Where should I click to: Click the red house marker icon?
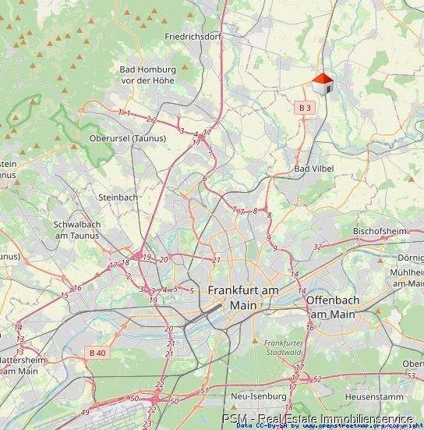click(323, 84)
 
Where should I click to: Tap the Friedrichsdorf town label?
click(193, 37)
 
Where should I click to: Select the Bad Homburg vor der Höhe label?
click(148, 75)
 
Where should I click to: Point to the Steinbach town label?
click(118, 197)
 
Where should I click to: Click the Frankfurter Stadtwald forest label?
click(283, 348)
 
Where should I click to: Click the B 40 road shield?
click(97, 353)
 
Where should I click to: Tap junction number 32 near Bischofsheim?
click(317, 247)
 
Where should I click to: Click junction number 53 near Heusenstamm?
click(410, 376)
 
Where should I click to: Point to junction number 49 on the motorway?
click(85, 411)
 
